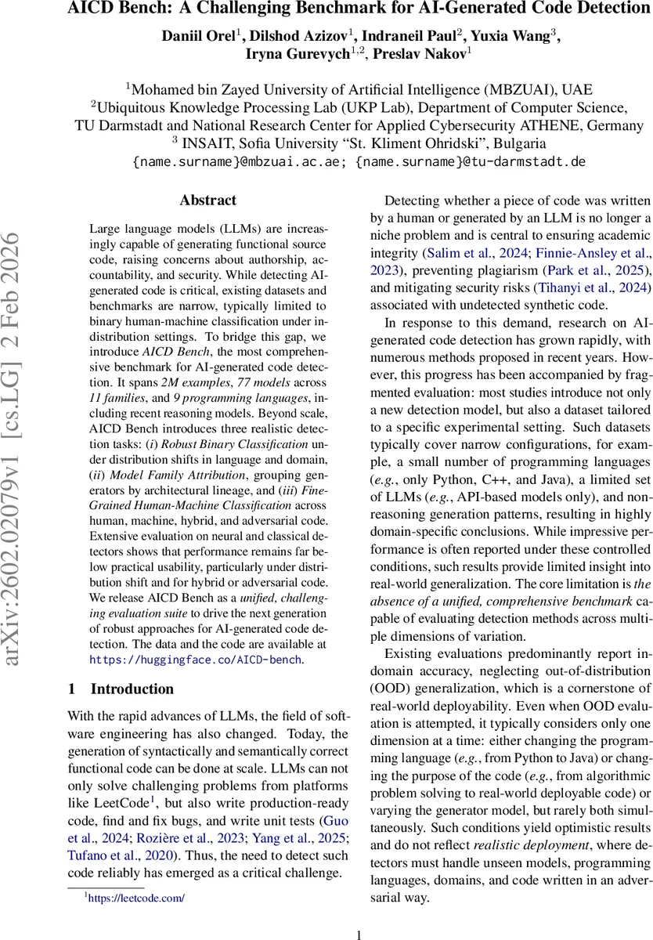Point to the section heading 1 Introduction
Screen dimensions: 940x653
pyautogui.click(x=121, y=689)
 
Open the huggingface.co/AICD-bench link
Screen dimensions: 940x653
pyautogui.click(x=196, y=660)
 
